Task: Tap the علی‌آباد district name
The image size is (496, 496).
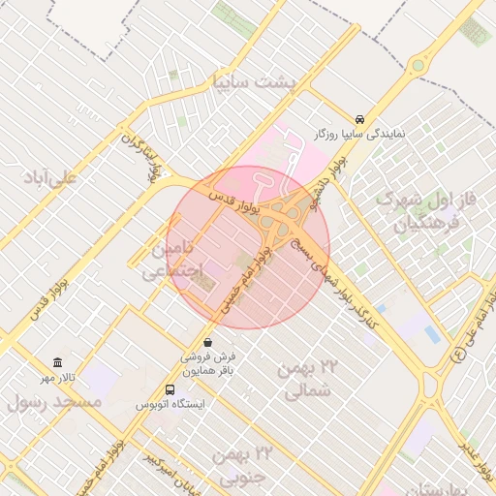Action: point(51,178)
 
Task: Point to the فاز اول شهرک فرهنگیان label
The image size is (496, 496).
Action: point(428,212)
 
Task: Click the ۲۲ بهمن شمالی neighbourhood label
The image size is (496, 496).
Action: point(310,379)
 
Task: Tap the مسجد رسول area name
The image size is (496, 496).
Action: point(54,401)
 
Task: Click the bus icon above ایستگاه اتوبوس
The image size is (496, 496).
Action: point(170,389)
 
